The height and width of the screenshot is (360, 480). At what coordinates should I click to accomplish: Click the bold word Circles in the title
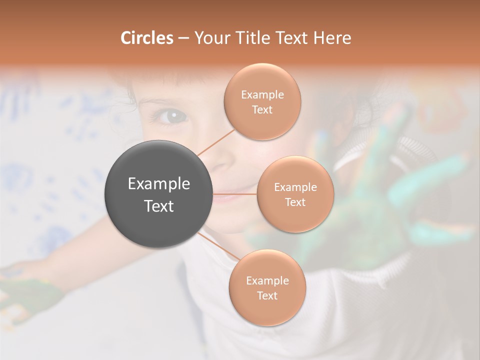[x=146, y=38]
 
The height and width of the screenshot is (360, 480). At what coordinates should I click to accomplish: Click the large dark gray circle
[x=158, y=194]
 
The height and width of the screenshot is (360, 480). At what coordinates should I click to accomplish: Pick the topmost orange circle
[x=262, y=101]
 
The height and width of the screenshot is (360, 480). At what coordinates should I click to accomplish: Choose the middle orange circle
[x=295, y=194]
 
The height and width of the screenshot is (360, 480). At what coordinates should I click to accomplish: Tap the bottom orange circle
[x=267, y=287]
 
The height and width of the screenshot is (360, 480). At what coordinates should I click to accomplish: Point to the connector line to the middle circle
[x=235, y=194]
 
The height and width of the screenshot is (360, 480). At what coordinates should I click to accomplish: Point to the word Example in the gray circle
[x=158, y=183]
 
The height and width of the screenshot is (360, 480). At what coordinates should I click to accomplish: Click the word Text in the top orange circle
[x=262, y=109]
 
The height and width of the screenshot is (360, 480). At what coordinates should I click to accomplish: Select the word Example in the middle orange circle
[x=295, y=187]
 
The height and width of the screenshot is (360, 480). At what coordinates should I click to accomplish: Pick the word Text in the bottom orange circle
[x=267, y=295]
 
